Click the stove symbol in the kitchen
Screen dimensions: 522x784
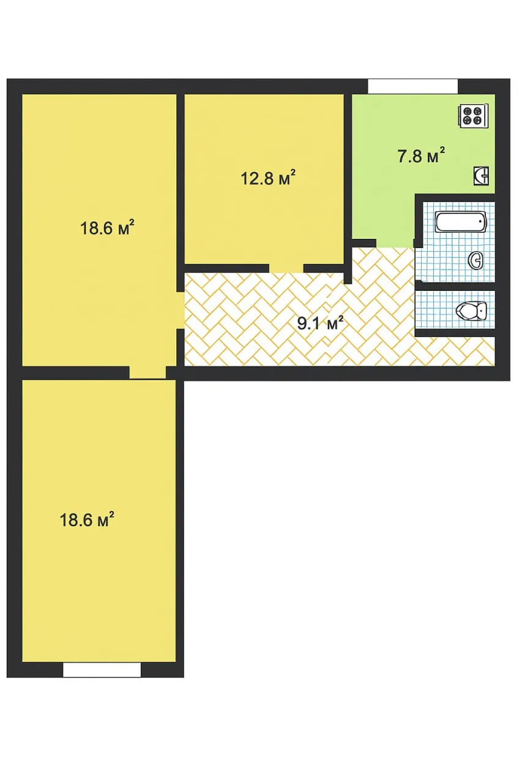tap(473, 116)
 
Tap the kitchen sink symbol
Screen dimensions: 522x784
tap(481, 176)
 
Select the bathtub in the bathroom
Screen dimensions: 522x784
tap(460, 222)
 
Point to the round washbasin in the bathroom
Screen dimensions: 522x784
tap(476, 260)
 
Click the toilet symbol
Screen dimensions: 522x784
tap(471, 310)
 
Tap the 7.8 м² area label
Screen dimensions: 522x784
tap(421, 156)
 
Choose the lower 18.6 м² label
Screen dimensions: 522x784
tap(87, 519)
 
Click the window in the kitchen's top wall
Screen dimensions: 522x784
tap(412, 86)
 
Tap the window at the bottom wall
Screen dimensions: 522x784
tap(102, 670)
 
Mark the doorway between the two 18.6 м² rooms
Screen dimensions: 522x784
tap(147, 373)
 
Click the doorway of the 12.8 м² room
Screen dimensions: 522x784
tap(286, 268)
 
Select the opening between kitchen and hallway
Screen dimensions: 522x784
tap(395, 244)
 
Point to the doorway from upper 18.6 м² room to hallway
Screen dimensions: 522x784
tap(181, 310)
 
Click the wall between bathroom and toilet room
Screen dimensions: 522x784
tap(455, 286)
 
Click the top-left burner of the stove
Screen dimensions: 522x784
tap(468, 111)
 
